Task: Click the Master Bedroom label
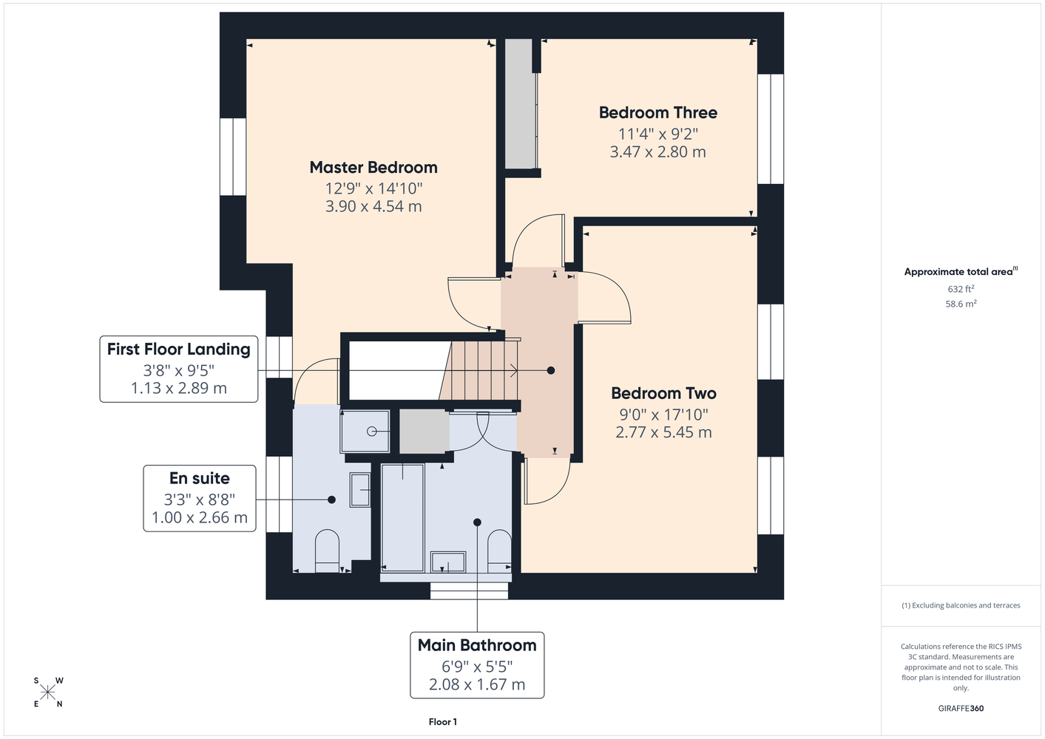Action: (x=373, y=167)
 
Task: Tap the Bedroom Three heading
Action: (x=657, y=112)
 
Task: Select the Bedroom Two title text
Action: (x=663, y=393)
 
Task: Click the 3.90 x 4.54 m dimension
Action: (x=373, y=206)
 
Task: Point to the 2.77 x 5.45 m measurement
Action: (x=663, y=432)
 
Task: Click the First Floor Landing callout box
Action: (x=179, y=369)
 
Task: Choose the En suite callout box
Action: (x=200, y=498)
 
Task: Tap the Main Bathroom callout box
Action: (x=477, y=665)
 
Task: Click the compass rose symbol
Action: (x=47, y=692)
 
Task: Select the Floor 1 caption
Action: (x=443, y=722)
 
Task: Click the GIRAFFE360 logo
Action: (x=961, y=708)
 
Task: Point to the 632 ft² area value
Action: (x=961, y=289)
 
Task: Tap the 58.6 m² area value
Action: (x=961, y=304)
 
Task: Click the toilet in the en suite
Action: (x=327, y=551)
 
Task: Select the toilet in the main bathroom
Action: (x=499, y=551)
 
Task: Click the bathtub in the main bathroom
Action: (x=402, y=517)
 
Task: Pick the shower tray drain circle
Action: (x=371, y=432)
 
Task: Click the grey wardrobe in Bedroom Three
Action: (x=521, y=103)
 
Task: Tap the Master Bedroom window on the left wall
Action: (x=233, y=157)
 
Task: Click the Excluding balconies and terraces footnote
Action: (x=961, y=605)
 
